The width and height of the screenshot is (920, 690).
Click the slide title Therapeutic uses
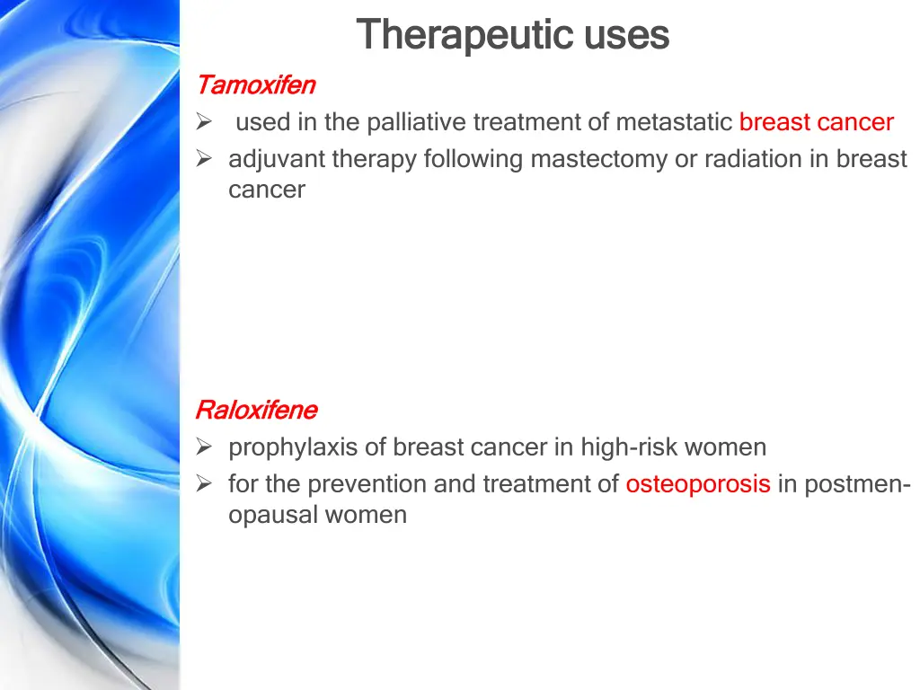coord(512,36)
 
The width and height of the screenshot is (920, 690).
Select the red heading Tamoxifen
coord(255,85)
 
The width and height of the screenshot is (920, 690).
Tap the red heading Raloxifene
coord(256,411)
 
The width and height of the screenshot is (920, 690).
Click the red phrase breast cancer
coord(816,122)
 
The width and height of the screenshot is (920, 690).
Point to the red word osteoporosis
coord(698,484)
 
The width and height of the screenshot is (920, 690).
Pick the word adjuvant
coord(277,159)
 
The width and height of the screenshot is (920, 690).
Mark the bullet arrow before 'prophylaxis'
coord(204,447)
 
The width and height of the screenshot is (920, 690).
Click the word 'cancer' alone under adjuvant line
coord(267,190)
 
